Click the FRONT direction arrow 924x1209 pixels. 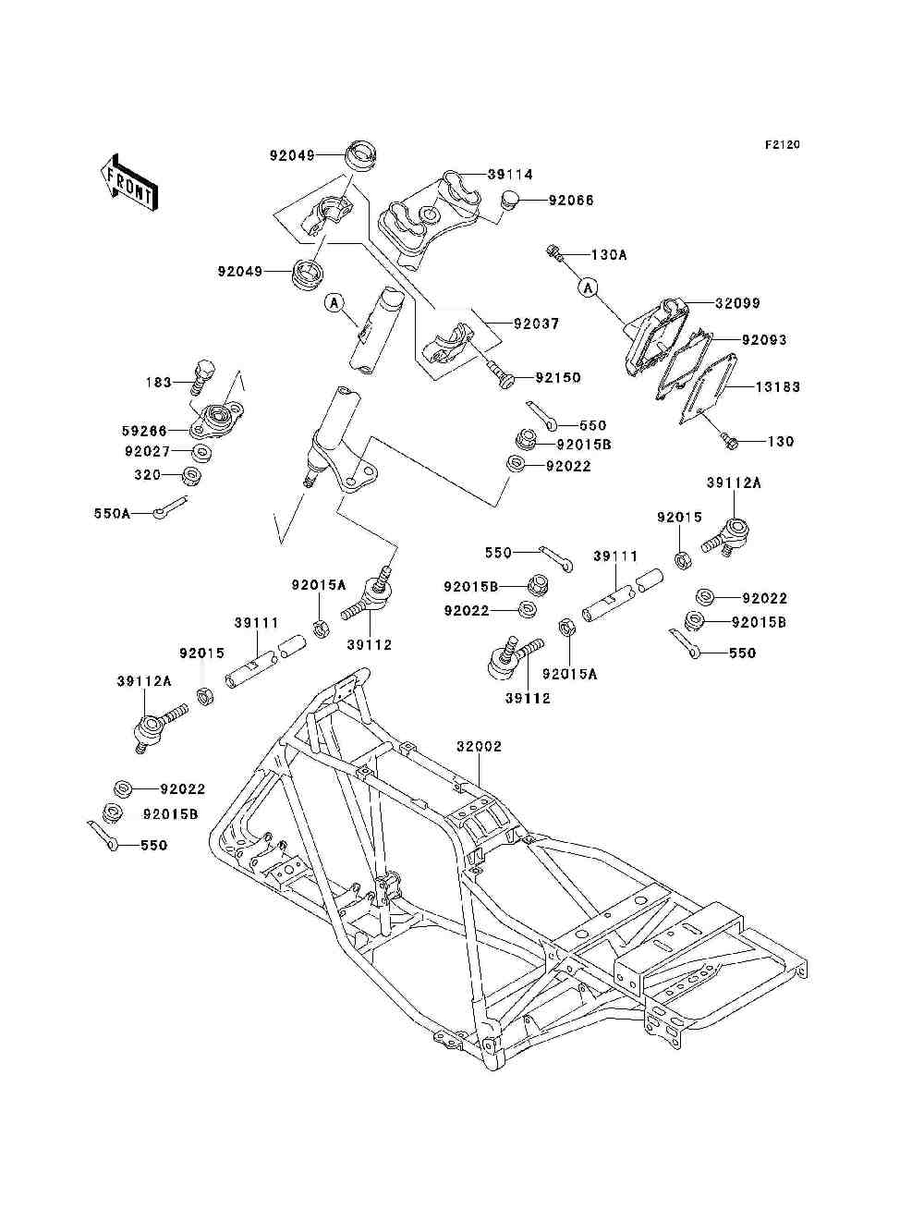[x=130, y=182]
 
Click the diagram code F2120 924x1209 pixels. [x=782, y=145]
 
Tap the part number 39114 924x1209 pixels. [x=510, y=175]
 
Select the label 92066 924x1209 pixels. [x=571, y=201]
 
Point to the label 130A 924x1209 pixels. [x=609, y=255]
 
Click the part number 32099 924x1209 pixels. [x=737, y=303]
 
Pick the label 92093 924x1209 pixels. [x=764, y=340]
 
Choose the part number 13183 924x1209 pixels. [x=777, y=386]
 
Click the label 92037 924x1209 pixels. [x=536, y=324]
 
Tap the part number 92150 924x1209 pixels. [x=558, y=378]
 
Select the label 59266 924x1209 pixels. [x=144, y=430]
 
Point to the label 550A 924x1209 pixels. [x=113, y=513]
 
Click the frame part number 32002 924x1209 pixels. [x=479, y=747]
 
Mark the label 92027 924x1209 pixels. [x=148, y=452]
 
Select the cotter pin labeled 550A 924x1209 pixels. [x=170, y=507]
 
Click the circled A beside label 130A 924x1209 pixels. [x=589, y=287]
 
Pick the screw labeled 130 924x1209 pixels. [x=729, y=441]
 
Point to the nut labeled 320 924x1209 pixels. [x=192, y=475]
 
